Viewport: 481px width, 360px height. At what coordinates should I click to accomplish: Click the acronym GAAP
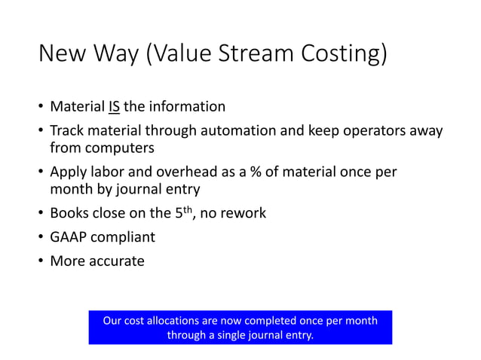click(x=70, y=237)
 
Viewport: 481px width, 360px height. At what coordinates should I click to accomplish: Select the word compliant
click(x=125, y=238)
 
